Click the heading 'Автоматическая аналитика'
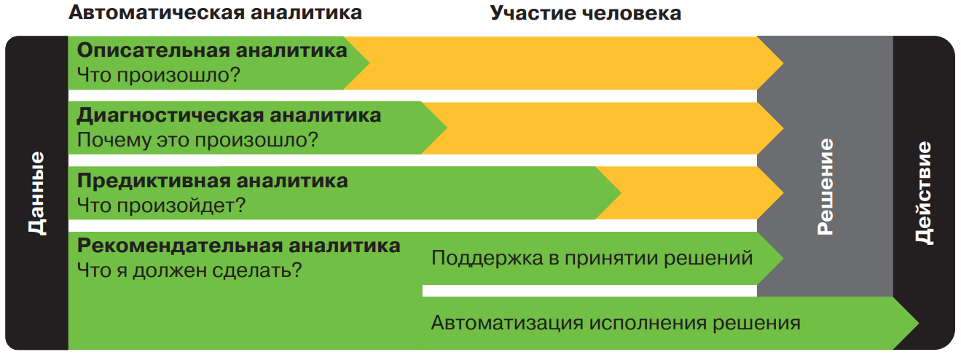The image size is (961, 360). (x=215, y=12)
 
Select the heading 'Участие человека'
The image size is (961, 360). (x=586, y=13)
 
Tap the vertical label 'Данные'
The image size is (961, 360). (x=37, y=193)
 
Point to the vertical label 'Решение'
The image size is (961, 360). (x=825, y=187)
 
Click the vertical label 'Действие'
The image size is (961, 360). (x=924, y=193)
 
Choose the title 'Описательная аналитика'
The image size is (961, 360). (x=212, y=50)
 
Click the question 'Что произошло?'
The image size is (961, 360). (x=158, y=75)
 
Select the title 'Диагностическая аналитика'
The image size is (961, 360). (x=229, y=115)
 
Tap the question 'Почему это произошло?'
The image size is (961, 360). (x=197, y=140)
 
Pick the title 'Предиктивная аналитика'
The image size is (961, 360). (x=212, y=181)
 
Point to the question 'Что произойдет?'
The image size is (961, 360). (x=161, y=205)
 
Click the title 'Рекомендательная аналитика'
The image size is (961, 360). (x=238, y=246)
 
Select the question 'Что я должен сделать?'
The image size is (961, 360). (x=189, y=270)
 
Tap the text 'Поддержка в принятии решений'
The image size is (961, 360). (x=592, y=258)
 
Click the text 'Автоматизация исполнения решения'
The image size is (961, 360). (x=616, y=323)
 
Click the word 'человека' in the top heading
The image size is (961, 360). (x=632, y=13)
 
